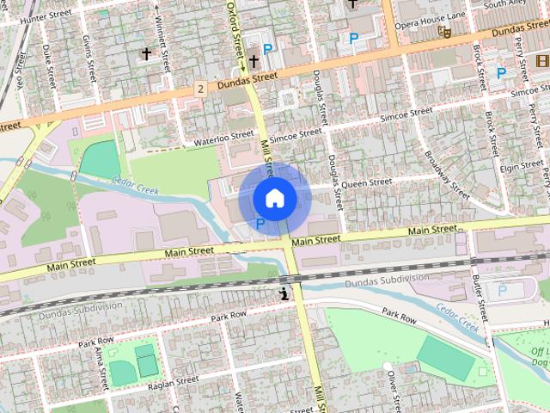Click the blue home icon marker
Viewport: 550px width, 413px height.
[274, 198]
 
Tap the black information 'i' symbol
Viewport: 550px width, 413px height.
[284, 294]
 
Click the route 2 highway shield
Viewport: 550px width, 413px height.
[199, 89]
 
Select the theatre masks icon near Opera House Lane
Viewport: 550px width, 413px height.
[444, 31]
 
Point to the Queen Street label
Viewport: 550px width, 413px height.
[366, 182]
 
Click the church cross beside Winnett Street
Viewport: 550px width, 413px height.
[146, 54]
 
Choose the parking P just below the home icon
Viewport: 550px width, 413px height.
[260, 223]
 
